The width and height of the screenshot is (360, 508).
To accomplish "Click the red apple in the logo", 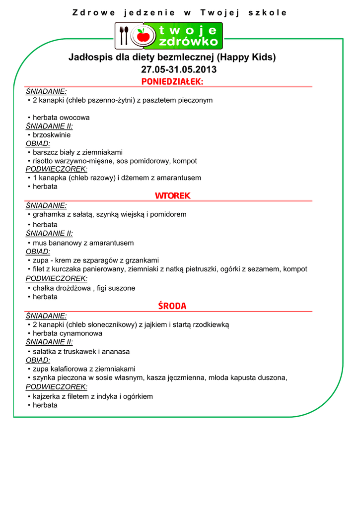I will (x=144, y=35).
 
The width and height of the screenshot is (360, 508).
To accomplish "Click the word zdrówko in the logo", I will (x=188, y=42).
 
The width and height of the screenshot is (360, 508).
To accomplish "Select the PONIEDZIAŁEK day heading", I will (x=172, y=81).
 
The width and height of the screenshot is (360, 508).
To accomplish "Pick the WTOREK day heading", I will (x=172, y=196).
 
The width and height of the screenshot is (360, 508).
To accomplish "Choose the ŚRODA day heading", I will (x=172, y=306).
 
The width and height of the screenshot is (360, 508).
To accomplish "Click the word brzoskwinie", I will (x=52, y=135).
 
